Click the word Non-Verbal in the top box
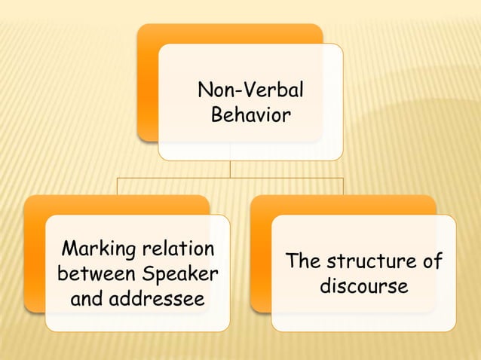[x=250, y=91]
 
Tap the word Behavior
[x=250, y=116]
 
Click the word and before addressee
[x=87, y=299]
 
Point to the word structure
[x=372, y=262]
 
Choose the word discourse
[x=364, y=287]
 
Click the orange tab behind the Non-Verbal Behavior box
[x=148, y=83]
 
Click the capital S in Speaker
[x=146, y=273]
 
